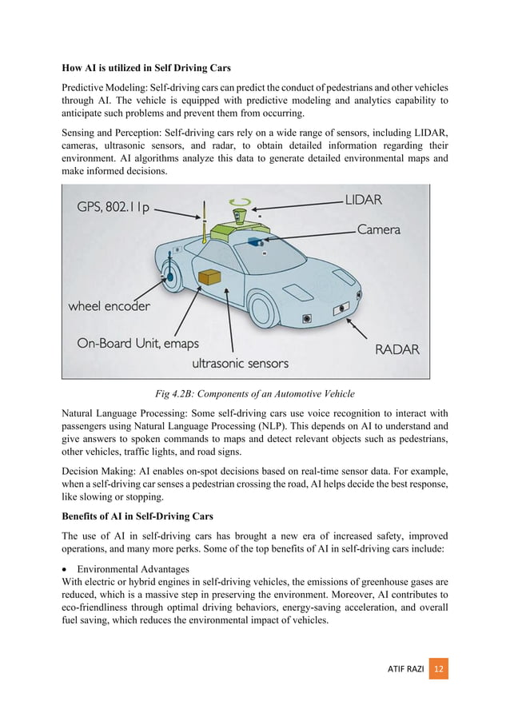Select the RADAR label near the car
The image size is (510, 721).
pyautogui.click(x=396, y=349)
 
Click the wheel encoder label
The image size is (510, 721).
pyautogui.click(x=109, y=305)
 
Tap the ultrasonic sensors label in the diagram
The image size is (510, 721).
pyautogui.click(x=240, y=363)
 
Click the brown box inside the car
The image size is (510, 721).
pyautogui.click(x=209, y=276)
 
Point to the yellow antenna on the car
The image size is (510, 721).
pyautogui.click(x=205, y=233)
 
